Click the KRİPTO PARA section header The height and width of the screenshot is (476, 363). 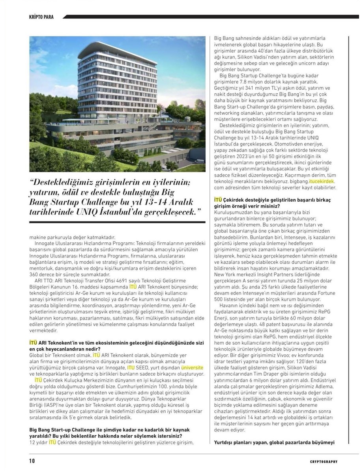coord(41,17)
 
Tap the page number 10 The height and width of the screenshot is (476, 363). coord(32,461)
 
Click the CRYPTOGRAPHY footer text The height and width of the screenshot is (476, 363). coord(324,461)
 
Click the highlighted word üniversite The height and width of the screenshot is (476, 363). coord(192,367)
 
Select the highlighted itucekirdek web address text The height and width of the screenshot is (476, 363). coord(321,181)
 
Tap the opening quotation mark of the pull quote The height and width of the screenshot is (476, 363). coord(32,182)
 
